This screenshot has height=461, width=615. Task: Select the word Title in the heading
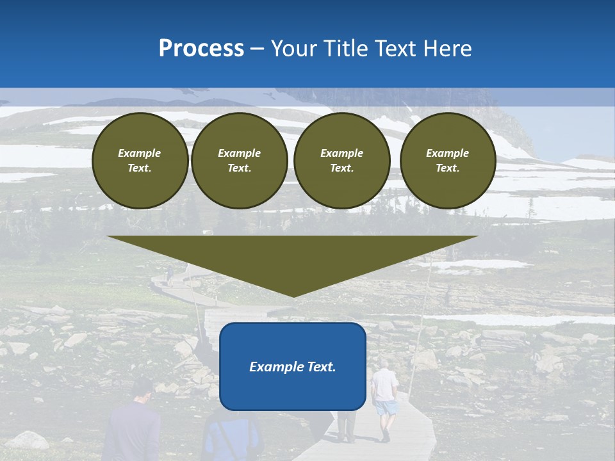[350, 49]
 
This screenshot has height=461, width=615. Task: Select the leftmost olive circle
[140, 161]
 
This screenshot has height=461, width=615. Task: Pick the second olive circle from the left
[240, 161]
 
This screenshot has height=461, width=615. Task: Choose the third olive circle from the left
[342, 161]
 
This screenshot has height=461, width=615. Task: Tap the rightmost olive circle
[448, 161]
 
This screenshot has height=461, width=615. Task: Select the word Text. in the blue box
[322, 367]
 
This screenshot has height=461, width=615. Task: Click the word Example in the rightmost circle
[448, 153]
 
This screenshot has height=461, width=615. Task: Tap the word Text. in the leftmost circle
[140, 168]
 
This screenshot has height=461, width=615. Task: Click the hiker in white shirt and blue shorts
[384, 397]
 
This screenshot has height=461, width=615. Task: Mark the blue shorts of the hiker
[386, 408]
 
